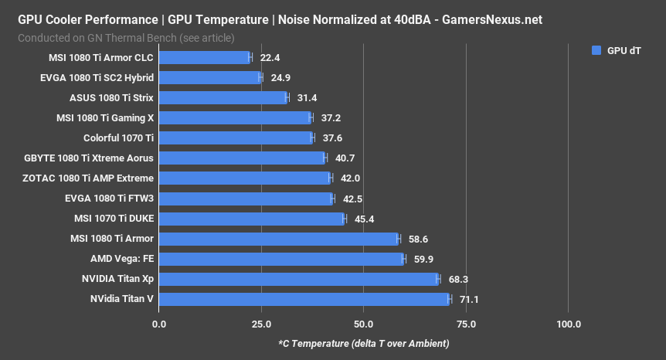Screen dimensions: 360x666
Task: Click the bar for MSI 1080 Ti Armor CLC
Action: coord(205,57)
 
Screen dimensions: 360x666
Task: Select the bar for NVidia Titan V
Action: coord(304,299)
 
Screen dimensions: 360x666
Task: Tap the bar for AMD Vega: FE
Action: coord(281,259)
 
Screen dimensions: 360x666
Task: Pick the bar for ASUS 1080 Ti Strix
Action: coord(223,97)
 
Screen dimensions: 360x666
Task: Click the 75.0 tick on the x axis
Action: coord(466,324)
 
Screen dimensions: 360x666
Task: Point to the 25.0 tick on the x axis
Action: coord(261,324)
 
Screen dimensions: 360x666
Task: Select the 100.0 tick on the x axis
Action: coord(569,324)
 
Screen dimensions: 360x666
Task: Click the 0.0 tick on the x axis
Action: coord(159,324)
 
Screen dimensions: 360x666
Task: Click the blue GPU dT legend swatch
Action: coord(596,50)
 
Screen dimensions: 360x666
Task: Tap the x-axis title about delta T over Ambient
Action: coord(363,343)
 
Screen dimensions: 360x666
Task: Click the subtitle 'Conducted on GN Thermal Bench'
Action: coord(126,37)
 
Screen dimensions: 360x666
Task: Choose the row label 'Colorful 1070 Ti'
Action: coord(118,138)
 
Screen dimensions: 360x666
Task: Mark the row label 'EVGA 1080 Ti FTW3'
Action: coord(109,199)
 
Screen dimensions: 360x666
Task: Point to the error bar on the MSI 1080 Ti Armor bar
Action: coord(399,239)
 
